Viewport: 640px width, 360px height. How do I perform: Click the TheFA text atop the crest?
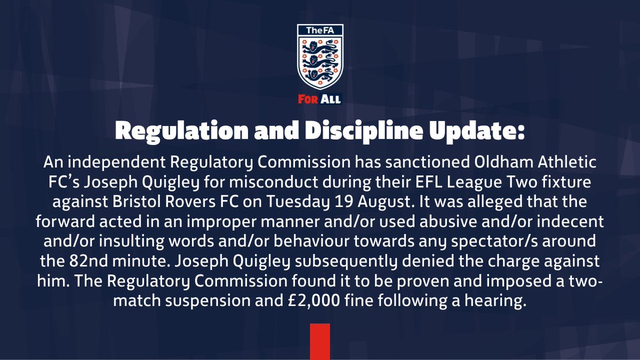click(x=319, y=31)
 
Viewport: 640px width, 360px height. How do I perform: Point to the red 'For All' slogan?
click(x=319, y=99)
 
